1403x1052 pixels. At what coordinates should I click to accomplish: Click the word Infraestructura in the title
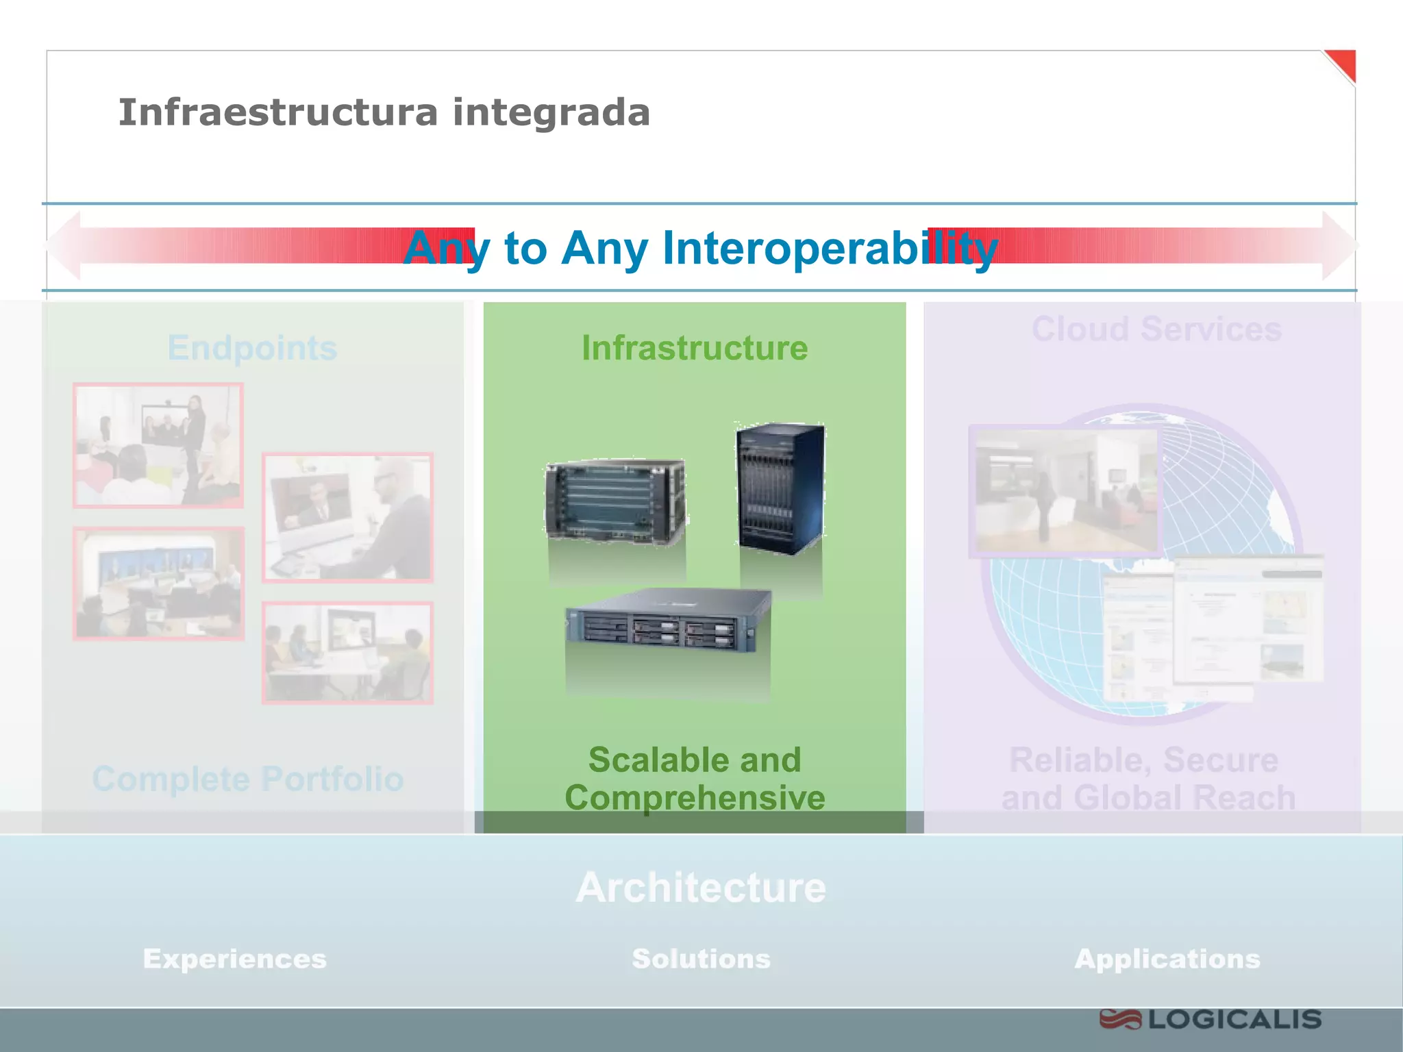pyautogui.click(x=277, y=113)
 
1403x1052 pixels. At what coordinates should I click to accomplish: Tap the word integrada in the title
pyautogui.click(x=551, y=113)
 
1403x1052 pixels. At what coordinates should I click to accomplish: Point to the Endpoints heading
pyautogui.click(x=252, y=348)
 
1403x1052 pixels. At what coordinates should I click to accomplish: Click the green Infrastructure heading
pyautogui.click(x=695, y=348)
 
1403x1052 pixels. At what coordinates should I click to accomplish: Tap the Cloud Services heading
pyautogui.click(x=1156, y=329)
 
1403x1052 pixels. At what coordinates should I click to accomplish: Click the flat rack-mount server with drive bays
pyautogui.click(x=668, y=620)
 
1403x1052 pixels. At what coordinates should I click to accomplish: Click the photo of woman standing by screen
pyautogui.click(x=158, y=445)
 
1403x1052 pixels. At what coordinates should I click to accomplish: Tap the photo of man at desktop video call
pyautogui.click(x=347, y=518)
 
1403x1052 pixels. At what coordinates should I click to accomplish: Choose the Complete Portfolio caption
pyautogui.click(x=248, y=779)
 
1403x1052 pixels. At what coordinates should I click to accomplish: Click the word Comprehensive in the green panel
pyautogui.click(x=695, y=798)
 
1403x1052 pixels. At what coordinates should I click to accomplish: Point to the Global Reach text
pyautogui.click(x=1184, y=799)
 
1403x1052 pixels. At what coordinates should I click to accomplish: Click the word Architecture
pyautogui.click(x=701, y=888)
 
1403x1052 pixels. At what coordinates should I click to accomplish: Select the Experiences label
pyautogui.click(x=235, y=959)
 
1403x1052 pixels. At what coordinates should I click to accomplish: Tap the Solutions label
pyautogui.click(x=701, y=959)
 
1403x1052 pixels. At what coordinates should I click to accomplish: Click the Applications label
pyautogui.click(x=1167, y=959)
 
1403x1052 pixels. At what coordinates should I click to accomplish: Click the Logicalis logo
pyautogui.click(x=1210, y=1020)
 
